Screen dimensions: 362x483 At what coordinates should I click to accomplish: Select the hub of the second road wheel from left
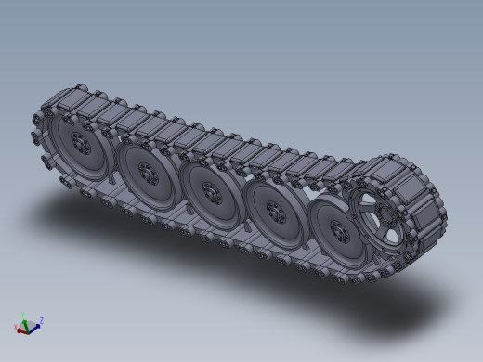(x=147, y=171)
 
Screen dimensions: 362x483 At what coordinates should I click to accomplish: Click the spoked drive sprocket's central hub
(x=391, y=219)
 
